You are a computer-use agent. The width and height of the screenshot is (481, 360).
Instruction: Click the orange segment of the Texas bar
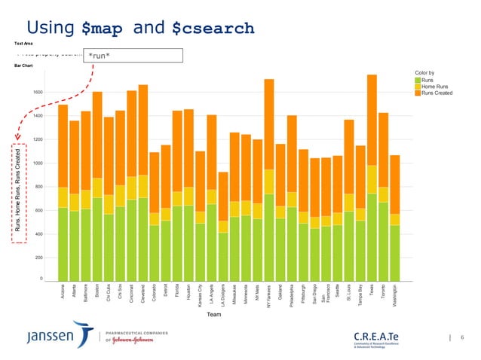(372, 120)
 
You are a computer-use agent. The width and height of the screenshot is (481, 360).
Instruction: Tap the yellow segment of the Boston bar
(97, 188)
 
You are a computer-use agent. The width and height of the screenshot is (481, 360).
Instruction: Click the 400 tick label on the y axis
(39, 234)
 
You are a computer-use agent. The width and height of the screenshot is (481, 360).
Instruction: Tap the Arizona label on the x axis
(63, 294)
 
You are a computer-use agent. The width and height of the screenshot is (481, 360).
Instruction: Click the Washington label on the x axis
(395, 297)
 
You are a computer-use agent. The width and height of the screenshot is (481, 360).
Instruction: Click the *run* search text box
(133, 55)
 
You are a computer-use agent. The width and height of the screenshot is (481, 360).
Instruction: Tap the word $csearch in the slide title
(213, 29)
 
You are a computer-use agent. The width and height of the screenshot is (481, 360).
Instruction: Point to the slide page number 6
(461, 337)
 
